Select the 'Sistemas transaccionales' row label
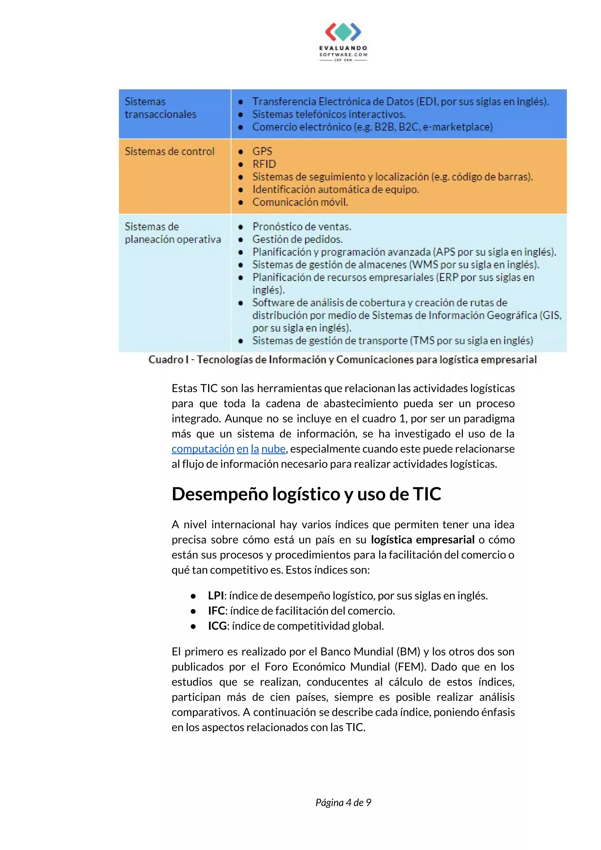(160, 108)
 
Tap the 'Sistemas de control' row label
(169, 151)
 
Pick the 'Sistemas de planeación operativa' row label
(172, 233)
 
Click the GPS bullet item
(262, 151)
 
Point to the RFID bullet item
(264, 164)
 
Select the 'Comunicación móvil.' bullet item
(300, 202)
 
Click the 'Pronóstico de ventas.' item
(301, 227)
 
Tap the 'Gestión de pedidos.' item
(297, 239)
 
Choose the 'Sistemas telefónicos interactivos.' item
(329, 114)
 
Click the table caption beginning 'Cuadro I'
(342, 359)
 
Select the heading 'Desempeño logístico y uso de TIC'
(306, 494)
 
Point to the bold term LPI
(216, 595)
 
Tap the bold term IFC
(216, 611)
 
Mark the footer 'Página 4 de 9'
(343, 802)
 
